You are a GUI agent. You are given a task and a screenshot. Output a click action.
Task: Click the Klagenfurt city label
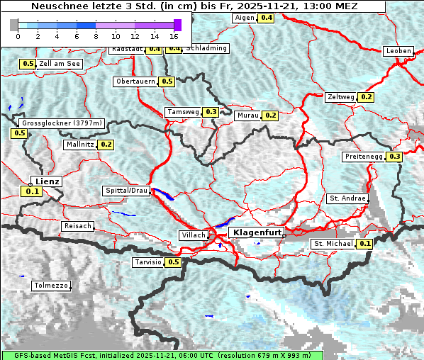tap(258, 232)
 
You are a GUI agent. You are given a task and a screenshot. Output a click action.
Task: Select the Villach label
tap(194, 235)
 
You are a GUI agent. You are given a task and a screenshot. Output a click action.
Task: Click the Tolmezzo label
tap(51, 286)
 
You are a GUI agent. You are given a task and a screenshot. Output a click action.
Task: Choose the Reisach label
tap(78, 226)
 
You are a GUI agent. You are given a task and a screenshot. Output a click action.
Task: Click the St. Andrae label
tap(347, 198)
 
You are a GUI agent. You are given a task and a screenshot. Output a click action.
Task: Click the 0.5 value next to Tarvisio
tap(173, 262)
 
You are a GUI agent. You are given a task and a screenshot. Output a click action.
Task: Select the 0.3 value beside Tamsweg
tap(211, 112)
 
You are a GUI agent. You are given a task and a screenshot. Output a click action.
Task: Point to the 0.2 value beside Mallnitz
tap(106, 145)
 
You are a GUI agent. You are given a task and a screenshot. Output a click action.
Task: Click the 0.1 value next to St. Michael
tap(365, 244)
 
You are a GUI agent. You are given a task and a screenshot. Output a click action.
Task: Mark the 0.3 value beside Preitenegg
tap(394, 157)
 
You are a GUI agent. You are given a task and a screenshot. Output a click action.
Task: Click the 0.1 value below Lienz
tap(32, 191)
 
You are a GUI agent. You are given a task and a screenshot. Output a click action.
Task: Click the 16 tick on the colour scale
tap(174, 35)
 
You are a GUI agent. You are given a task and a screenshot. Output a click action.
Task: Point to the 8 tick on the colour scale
tap(96, 35)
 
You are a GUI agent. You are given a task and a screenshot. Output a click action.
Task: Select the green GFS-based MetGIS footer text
tap(162, 355)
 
